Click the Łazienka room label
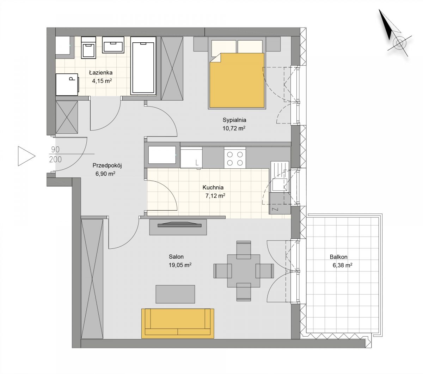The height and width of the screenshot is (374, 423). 101,73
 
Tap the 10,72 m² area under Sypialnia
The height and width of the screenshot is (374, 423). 234,128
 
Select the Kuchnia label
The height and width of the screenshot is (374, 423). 213,187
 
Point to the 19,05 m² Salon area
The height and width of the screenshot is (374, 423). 180,265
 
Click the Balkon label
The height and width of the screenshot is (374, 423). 339,257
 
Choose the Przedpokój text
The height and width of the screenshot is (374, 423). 107,165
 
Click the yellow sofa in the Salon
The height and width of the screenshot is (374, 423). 178,324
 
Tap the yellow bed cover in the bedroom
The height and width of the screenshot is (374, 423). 237,80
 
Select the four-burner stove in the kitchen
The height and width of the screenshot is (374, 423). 235,158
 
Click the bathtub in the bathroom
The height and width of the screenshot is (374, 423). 143,66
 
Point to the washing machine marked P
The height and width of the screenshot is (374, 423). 67,84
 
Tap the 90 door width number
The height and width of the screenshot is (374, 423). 55,150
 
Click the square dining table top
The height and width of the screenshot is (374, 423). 244,271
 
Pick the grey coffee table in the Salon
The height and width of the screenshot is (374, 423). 175,294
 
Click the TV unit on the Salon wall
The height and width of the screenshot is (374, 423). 178,227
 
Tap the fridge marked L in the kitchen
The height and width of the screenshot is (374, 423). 191,158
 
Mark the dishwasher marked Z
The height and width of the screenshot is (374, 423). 280,203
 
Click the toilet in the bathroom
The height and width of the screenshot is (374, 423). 88,48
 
